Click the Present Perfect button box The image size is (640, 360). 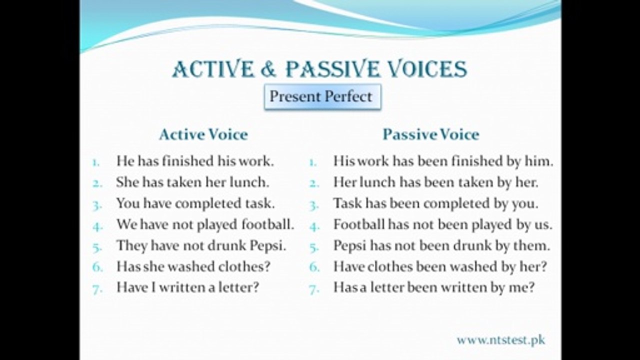321,96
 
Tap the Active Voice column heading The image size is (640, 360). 203,134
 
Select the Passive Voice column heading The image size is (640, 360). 430,134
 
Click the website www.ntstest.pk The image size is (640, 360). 500,340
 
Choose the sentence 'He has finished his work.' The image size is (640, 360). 195,161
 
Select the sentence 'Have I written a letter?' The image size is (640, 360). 187,287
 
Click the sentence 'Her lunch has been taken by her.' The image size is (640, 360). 435,182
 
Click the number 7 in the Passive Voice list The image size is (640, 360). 314,288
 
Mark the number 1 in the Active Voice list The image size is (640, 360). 96,162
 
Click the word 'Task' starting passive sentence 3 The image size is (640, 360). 347,203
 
